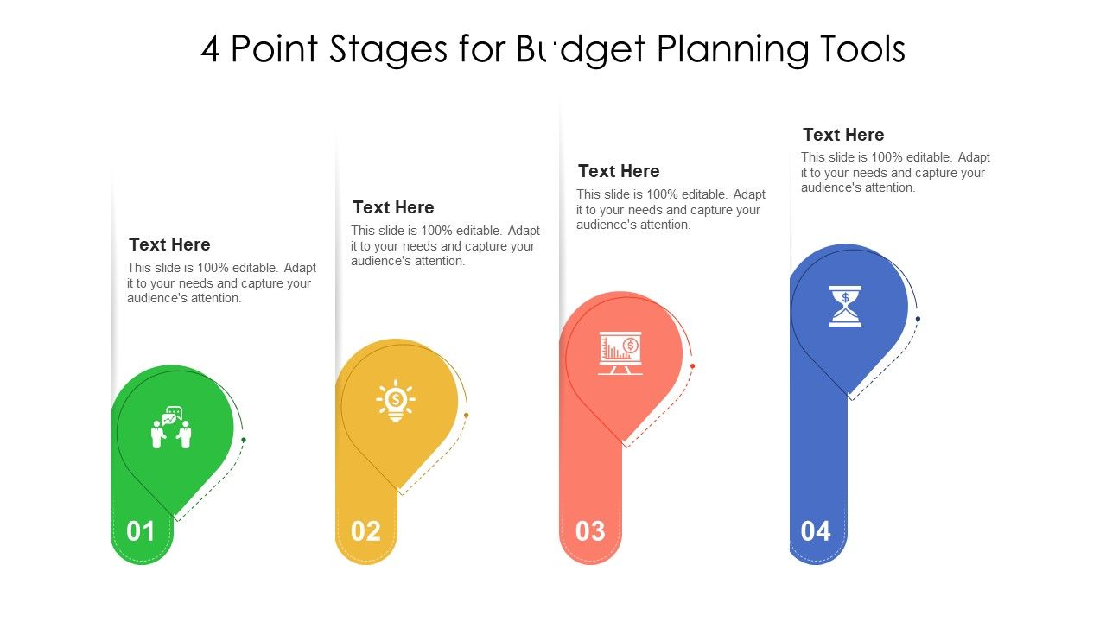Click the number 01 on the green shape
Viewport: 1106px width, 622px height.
click(141, 531)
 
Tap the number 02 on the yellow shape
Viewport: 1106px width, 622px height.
click(365, 531)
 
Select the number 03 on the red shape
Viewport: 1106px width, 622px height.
click(590, 531)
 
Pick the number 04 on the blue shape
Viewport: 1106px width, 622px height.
click(816, 531)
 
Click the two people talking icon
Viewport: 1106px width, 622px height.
click(171, 428)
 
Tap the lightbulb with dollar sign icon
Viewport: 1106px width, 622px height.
click(396, 401)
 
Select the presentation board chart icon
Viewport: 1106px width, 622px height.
click(620, 352)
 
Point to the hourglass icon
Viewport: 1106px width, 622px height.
click(845, 306)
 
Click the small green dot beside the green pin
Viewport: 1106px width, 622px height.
click(244, 440)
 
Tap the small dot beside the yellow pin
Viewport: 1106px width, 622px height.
click(467, 416)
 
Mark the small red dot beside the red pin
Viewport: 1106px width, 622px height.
click(693, 366)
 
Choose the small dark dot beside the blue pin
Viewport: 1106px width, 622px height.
click(918, 319)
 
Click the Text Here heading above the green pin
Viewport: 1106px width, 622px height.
click(169, 244)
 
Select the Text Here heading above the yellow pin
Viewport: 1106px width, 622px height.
click(393, 207)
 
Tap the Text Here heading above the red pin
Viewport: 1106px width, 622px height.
click(619, 171)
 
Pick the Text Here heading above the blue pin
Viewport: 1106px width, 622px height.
click(843, 135)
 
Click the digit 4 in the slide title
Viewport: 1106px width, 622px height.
click(210, 50)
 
